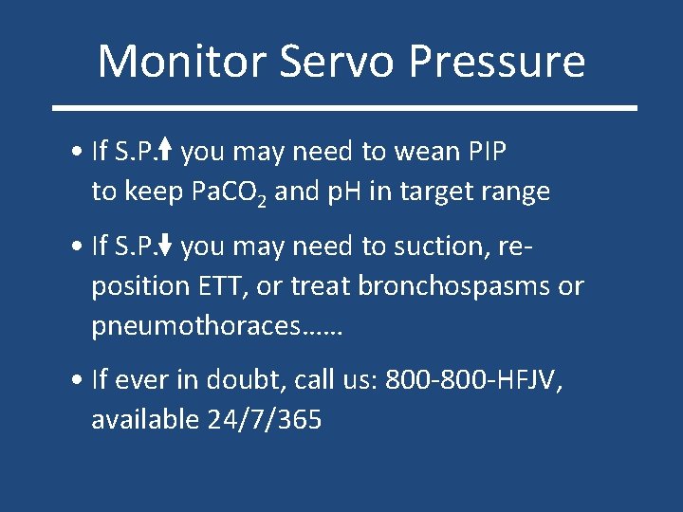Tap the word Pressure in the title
pos(497,61)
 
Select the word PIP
pos(489,151)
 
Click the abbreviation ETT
pos(240,286)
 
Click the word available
pos(144,420)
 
